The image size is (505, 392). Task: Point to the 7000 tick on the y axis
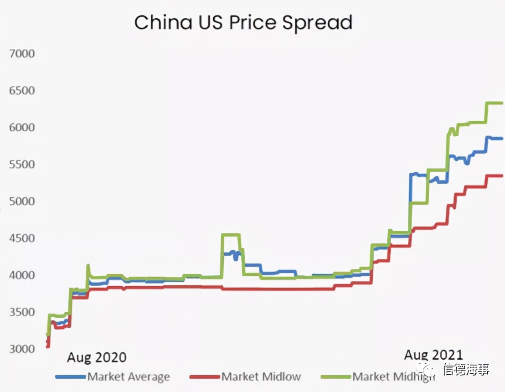(22, 53)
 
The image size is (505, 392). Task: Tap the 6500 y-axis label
(22, 90)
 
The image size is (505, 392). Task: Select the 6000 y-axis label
(22, 127)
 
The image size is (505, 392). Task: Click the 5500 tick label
(22, 164)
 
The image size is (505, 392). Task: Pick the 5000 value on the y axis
(22, 201)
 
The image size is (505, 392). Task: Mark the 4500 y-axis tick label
(22, 238)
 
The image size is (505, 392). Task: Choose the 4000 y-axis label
(22, 275)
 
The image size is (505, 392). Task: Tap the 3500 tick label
(22, 312)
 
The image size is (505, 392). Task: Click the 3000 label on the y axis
(22, 349)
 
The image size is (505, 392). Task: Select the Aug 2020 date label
(97, 357)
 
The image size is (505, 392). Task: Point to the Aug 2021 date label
(433, 355)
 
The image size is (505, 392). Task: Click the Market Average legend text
(129, 377)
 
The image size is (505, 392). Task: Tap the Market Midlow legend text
(261, 377)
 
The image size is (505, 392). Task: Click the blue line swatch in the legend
(70, 377)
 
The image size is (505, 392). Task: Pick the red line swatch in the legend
(204, 377)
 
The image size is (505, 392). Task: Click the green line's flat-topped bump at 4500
(230, 235)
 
